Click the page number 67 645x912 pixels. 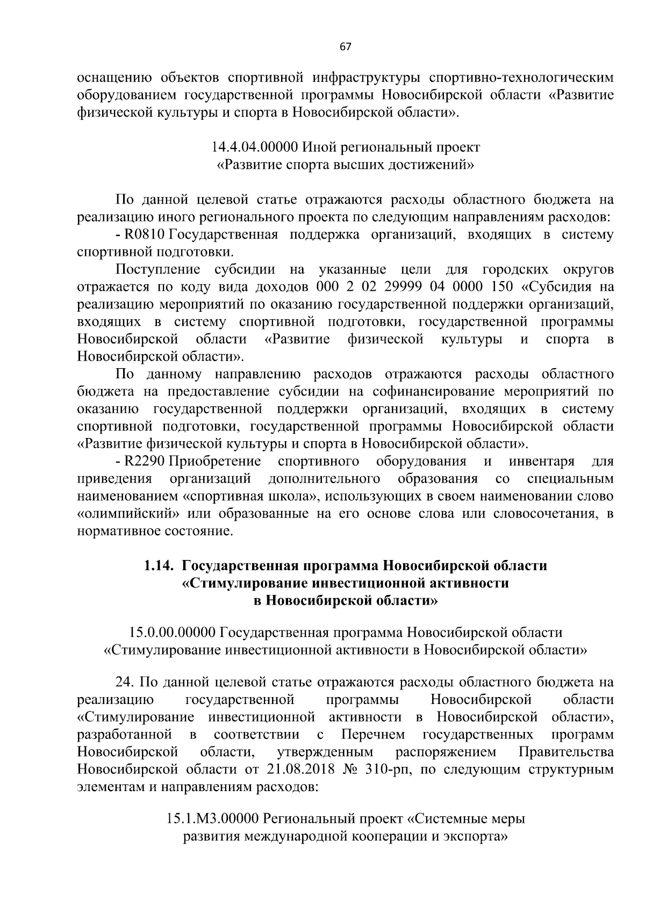pos(345,47)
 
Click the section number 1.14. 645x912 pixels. pos(160,566)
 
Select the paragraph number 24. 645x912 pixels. pos(125,683)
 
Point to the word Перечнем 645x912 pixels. pos(373,734)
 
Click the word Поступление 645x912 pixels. pos(158,269)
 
